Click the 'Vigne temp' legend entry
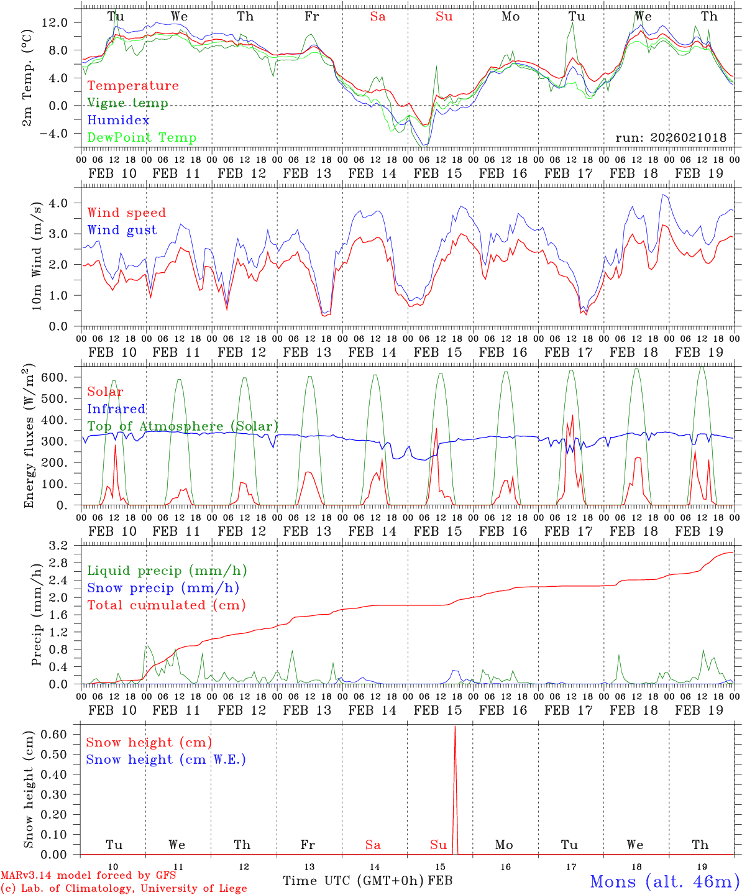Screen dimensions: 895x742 click(127, 103)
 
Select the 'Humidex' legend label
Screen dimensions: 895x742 click(118, 120)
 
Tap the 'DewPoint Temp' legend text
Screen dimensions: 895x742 click(142, 137)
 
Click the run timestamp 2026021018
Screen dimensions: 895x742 click(671, 137)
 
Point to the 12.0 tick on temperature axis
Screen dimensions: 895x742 click(62, 22)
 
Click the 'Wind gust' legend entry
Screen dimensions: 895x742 click(122, 230)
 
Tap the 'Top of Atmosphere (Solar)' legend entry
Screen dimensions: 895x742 click(183, 426)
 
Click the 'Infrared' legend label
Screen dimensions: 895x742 click(116, 409)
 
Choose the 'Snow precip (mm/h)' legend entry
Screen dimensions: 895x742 click(163, 588)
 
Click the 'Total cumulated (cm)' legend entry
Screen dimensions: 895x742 click(166, 605)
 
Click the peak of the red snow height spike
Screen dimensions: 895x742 click(455, 727)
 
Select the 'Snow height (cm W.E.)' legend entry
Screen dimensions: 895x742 click(166, 760)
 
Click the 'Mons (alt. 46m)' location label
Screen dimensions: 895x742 click(664, 881)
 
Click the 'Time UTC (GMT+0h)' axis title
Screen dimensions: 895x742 click(354, 881)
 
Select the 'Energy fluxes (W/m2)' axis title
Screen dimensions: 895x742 click(29, 437)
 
